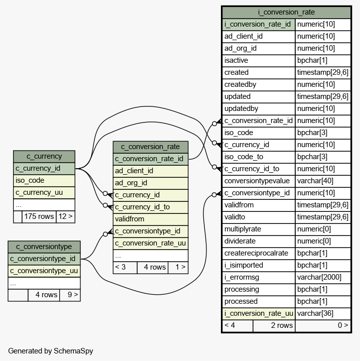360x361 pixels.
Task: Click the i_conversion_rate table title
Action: [x=286, y=12]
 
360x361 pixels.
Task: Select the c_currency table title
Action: [x=44, y=156]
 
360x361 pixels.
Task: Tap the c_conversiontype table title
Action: [x=44, y=247]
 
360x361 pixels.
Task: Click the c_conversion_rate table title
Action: [x=151, y=147]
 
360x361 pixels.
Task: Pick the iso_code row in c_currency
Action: [x=44, y=180]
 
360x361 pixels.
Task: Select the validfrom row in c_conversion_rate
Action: [x=151, y=219]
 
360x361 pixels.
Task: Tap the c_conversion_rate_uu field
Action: [x=151, y=243]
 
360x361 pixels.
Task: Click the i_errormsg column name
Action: [x=258, y=277]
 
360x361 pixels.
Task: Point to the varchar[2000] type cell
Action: [x=322, y=277]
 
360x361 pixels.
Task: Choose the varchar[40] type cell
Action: [x=322, y=181]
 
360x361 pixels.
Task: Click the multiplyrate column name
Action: [x=258, y=229]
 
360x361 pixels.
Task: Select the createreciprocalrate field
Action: [x=258, y=253]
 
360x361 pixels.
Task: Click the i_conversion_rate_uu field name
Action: [x=258, y=313]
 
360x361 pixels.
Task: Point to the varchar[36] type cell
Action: [x=322, y=313]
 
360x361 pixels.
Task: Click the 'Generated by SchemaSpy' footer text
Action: [x=50, y=351]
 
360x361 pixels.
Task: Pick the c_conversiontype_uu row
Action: [x=44, y=271]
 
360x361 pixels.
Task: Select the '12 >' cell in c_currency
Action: [x=65, y=217]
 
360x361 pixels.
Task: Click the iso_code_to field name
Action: [x=258, y=157]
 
